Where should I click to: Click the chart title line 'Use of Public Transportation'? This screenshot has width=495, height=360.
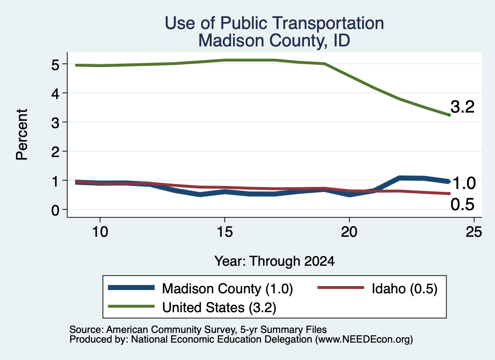pyautogui.click(x=275, y=23)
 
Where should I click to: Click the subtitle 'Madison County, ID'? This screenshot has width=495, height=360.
pyautogui.click(x=274, y=41)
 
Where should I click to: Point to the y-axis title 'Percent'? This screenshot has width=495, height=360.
pyautogui.click(x=22, y=135)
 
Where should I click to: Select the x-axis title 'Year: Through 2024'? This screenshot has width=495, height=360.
pyautogui.click(x=275, y=261)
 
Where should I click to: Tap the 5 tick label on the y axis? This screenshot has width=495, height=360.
pyautogui.click(x=56, y=65)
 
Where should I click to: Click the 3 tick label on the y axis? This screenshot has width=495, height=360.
pyautogui.click(x=56, y=123)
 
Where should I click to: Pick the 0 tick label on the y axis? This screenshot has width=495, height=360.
pyautogui.click(x=56, y=210)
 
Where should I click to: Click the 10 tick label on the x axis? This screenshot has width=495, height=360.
pyautogui.click(x=100, y=232)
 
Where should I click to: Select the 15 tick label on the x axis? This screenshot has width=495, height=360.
pyautogui.click(x=225, y=232)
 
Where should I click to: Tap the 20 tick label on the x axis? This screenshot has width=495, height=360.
pyautogui.click(x=349, y=232)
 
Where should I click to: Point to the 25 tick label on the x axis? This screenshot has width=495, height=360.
pyautogui.click(x=474, y=232)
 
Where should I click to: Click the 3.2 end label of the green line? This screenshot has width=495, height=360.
pyautogui.click(x=463, y=107)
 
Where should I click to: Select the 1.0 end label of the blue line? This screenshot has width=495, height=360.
pyautogui.click(x=464, y=183)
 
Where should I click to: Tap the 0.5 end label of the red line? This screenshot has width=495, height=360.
pyautogui.click(x=463, y=204)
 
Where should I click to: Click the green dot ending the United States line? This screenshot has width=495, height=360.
pyautogui.click(x=449, y=115)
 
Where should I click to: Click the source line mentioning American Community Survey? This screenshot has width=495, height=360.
pyautogui.click(x=198, y=330)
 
